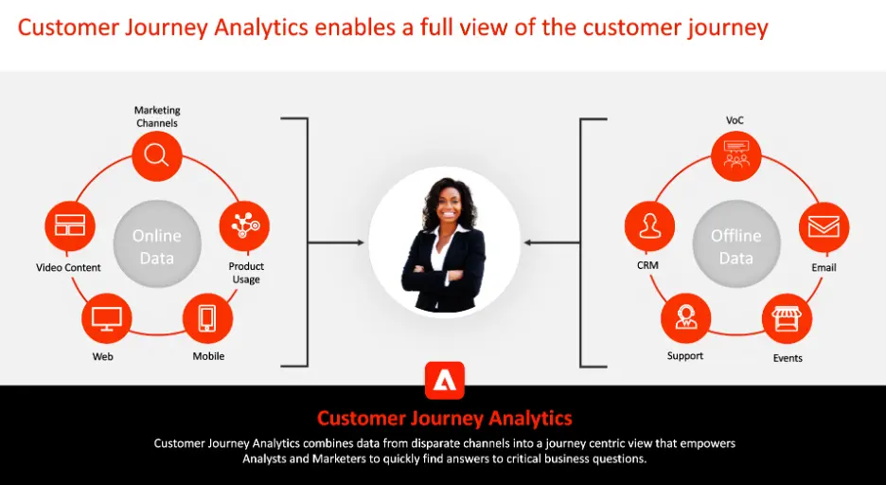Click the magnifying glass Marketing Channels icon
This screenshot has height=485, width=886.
point(157,156)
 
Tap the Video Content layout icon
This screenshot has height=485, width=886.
point(70,225)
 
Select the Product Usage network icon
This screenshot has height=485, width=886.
point(244,225)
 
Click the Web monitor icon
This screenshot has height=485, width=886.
point(107,318)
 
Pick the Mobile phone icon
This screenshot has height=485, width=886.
point(208,318)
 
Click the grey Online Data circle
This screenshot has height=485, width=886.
point(157,244)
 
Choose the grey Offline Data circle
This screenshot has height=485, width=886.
point(736,244)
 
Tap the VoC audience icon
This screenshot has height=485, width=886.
point(736,156)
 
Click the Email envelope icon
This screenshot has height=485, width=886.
point(824,227)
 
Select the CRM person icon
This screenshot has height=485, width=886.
point(649,226)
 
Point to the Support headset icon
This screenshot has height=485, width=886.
point(686,318)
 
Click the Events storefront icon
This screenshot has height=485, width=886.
point(788,319)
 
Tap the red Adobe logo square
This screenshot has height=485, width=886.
point(445,381)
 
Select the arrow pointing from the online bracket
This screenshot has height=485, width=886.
point(336,242)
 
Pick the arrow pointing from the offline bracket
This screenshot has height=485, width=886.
point(552,242)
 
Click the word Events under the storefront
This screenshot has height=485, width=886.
point(788,358)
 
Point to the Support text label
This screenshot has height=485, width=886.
point(684,355)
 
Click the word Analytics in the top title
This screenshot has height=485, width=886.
point(261,27)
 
